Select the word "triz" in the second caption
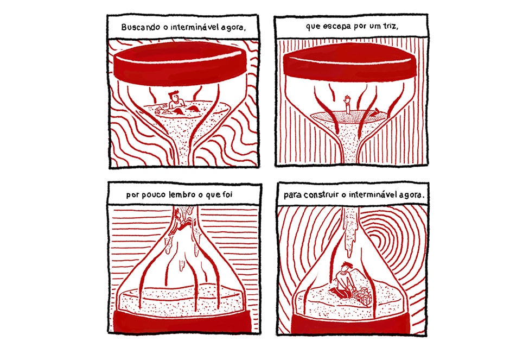pos(390,26)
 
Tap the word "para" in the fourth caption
pos(292,195)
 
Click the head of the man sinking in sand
pos(174,96)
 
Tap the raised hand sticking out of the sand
pos(348,99)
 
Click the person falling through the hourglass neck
pos(179,222)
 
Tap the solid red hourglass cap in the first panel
pos(180,64)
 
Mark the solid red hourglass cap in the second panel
pos(349,62)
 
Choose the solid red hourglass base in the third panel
pos(182,321)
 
